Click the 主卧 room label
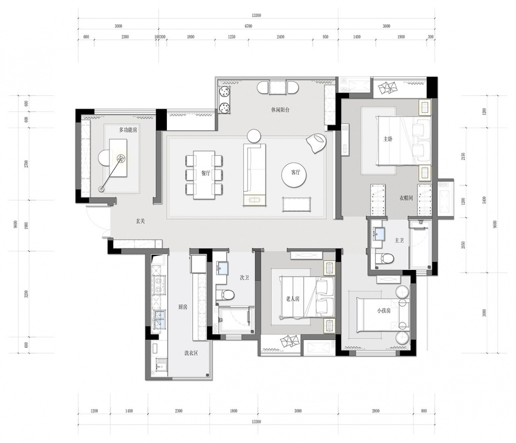(388, 139)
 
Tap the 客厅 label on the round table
(295, 172)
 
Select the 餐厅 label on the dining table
(206, 173)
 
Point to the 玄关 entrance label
(140, 221)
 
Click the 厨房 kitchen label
(183, 307)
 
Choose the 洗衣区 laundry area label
(191, 353)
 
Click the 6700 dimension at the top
(249, 26)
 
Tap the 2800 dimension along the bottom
(375, 411)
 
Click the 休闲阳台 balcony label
(280, 110)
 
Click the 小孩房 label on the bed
(384, 311)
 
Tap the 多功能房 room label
(128, 130)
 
